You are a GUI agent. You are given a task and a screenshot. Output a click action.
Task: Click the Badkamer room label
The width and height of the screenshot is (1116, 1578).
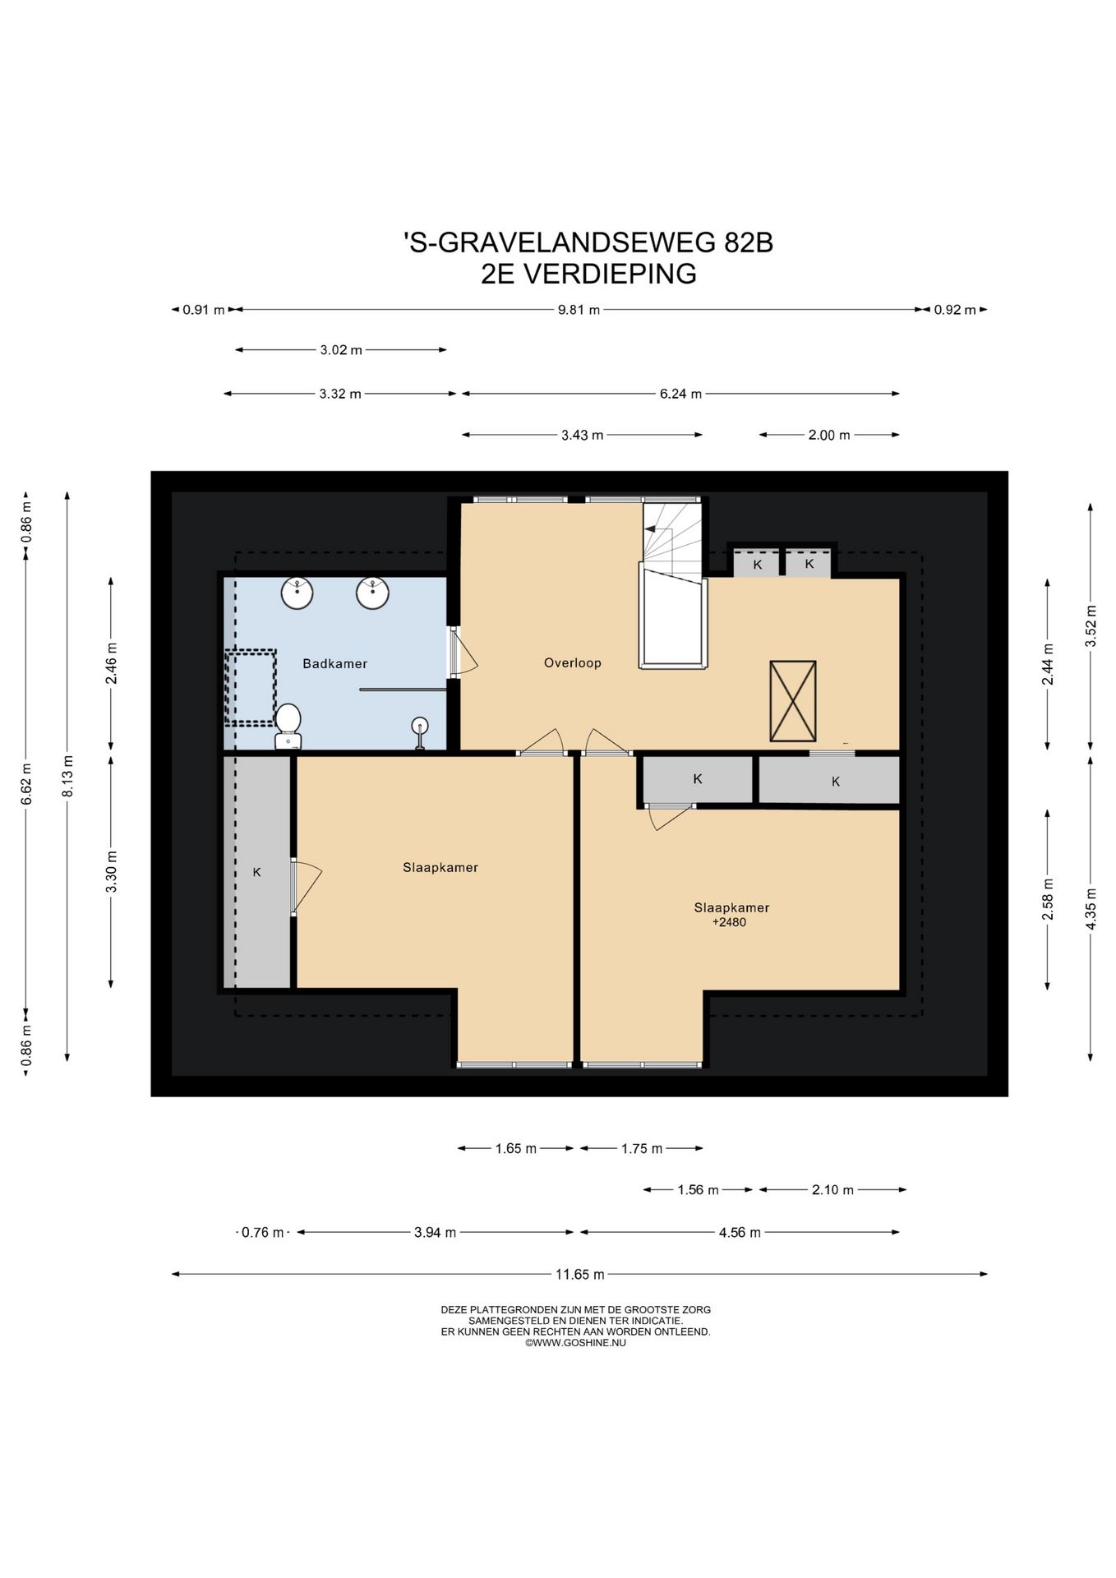334,663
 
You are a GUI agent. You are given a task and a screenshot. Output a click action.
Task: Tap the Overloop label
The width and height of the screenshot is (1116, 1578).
573,662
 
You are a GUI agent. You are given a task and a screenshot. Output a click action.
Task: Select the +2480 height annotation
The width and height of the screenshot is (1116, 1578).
729,922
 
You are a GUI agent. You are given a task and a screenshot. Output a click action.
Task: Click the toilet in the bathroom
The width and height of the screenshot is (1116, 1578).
288,727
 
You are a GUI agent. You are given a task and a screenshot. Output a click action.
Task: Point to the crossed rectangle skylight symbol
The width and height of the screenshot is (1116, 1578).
792,701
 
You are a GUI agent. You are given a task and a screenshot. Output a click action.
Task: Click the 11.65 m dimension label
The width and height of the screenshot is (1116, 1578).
580,1275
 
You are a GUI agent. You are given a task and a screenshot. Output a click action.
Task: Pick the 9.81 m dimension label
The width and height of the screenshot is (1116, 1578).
579,310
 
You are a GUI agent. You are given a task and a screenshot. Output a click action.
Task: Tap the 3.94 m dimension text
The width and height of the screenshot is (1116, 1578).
435,1232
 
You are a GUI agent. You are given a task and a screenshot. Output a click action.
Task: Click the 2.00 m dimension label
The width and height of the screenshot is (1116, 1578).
829,435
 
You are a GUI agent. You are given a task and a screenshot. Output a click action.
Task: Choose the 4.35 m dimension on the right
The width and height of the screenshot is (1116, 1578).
1091,908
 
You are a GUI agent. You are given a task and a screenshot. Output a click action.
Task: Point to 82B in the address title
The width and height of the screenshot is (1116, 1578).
749,243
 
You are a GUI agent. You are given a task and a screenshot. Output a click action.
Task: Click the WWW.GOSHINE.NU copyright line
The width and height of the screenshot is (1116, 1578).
575,1343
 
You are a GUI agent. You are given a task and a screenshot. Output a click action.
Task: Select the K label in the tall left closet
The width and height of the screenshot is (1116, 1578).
256,872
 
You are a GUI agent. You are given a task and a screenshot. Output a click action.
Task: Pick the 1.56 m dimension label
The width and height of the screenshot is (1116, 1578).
698,1189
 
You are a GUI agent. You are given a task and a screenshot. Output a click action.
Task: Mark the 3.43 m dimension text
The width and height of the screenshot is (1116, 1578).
583,435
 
